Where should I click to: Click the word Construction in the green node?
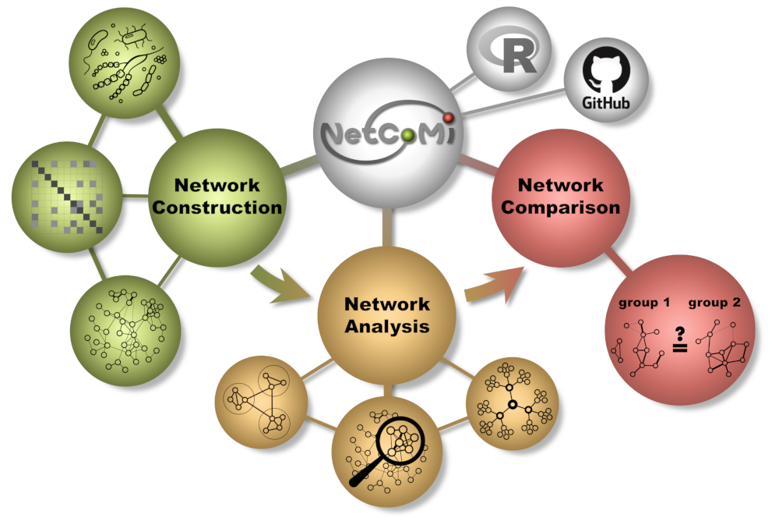217,208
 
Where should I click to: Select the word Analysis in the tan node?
387,326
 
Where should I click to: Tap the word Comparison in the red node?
560,208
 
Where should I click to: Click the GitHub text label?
605,102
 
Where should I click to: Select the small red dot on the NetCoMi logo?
449,118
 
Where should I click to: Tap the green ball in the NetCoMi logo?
408,136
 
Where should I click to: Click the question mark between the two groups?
679,333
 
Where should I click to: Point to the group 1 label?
644,303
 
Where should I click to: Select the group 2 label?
714,303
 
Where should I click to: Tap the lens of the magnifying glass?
400,441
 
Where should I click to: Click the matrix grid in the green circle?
67,197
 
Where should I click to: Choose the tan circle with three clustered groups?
261,402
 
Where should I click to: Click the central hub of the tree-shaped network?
513,403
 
